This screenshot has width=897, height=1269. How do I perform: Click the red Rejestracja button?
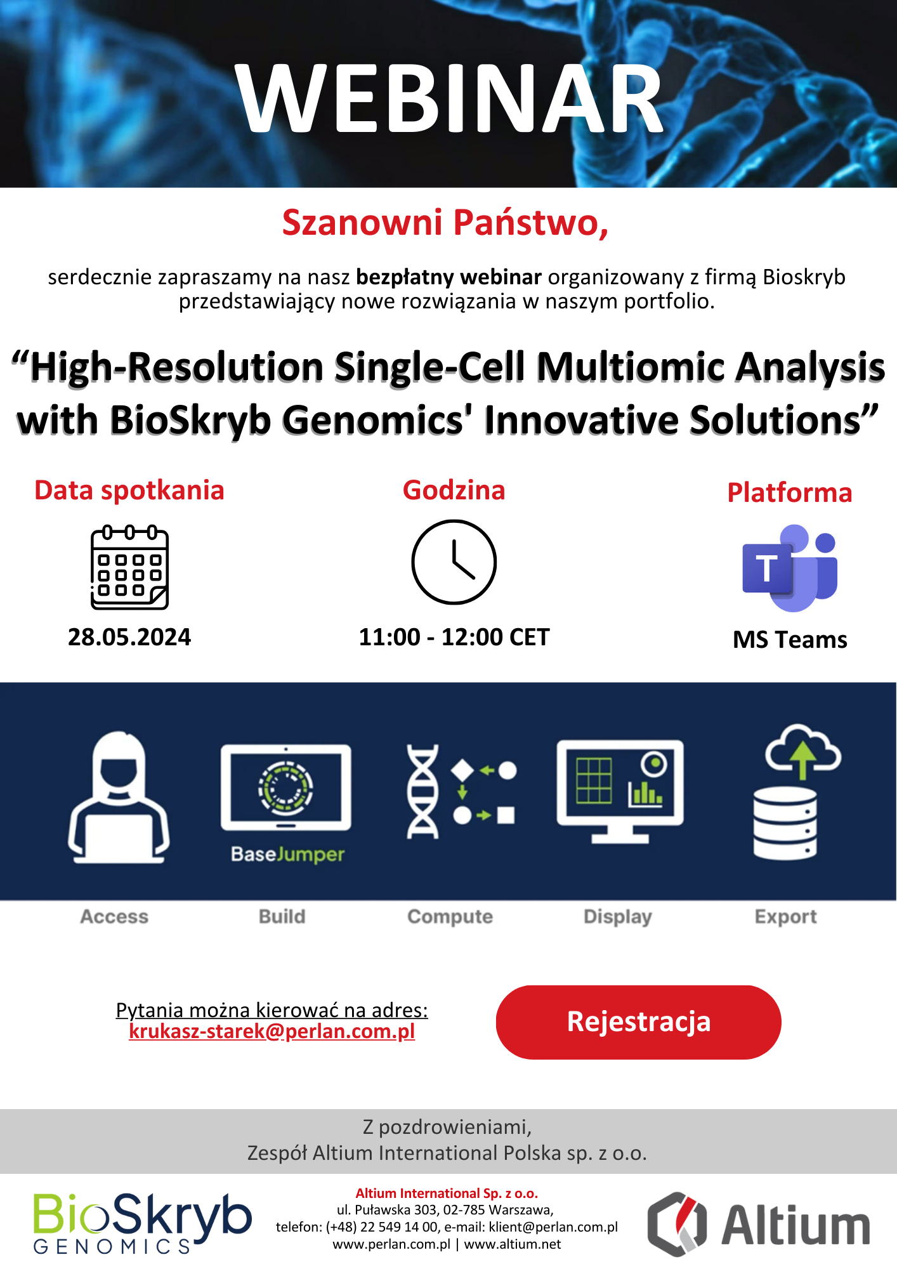(638, 1022)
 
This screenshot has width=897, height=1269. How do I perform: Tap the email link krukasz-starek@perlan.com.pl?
(272, 1032)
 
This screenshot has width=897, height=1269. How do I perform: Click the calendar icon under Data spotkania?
(129, 567)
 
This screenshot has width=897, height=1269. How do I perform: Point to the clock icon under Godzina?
(454, 562)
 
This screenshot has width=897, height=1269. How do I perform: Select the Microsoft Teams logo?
(790, 568)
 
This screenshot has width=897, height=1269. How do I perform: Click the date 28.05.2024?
(129, 637)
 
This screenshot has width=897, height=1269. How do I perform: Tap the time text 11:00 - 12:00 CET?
(454, 637)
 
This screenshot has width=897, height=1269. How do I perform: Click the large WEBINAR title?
(449, 98)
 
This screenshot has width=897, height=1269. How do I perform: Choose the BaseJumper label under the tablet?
(287, 855)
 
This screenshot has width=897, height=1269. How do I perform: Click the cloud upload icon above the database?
(803, 751)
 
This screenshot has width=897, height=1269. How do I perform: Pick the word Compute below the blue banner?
(450, 917)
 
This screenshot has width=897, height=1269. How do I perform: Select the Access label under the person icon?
(114, 917)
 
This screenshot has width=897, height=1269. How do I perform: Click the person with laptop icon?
(119, 797)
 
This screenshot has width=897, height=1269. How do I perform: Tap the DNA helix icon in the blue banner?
(422, 791)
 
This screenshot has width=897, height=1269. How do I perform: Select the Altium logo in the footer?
(759, 1224)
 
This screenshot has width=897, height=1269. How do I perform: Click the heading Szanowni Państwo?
(445, 223)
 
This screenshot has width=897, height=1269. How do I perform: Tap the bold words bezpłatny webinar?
(448, 277)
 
